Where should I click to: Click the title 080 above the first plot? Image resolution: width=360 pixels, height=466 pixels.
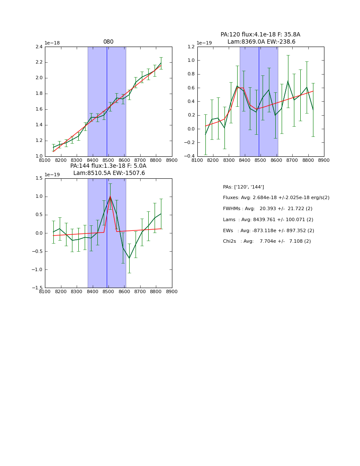[x=108, y=42]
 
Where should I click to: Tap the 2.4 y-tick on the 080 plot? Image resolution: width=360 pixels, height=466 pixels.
[x=39, y=47]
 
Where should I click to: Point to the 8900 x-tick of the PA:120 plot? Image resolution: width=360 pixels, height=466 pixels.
[x=324, y=160]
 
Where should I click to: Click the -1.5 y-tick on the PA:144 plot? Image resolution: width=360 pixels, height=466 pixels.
[x=37, y=288]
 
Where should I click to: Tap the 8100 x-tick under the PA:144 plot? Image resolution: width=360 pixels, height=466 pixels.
[x=45, y=291]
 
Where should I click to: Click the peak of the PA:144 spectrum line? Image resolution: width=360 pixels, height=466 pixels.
[x=110, y=196]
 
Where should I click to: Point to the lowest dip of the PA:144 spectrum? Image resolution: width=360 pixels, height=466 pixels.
[x=129, y=258]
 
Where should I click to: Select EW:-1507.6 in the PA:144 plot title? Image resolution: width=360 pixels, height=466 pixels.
[x=129, y=173]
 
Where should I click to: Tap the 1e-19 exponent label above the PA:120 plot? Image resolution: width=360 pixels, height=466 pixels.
[x=204, y=43]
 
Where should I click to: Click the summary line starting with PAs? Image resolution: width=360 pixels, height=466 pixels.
[x=244, y=187]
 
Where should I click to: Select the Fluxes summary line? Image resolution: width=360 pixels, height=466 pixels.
[x=276, y=198]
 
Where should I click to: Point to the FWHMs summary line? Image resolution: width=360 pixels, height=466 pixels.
[x=268, y=209]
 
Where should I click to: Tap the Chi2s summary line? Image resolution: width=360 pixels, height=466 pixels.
[x=267, y=241]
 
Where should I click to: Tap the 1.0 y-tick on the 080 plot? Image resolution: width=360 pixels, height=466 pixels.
[x=39, y=156]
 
